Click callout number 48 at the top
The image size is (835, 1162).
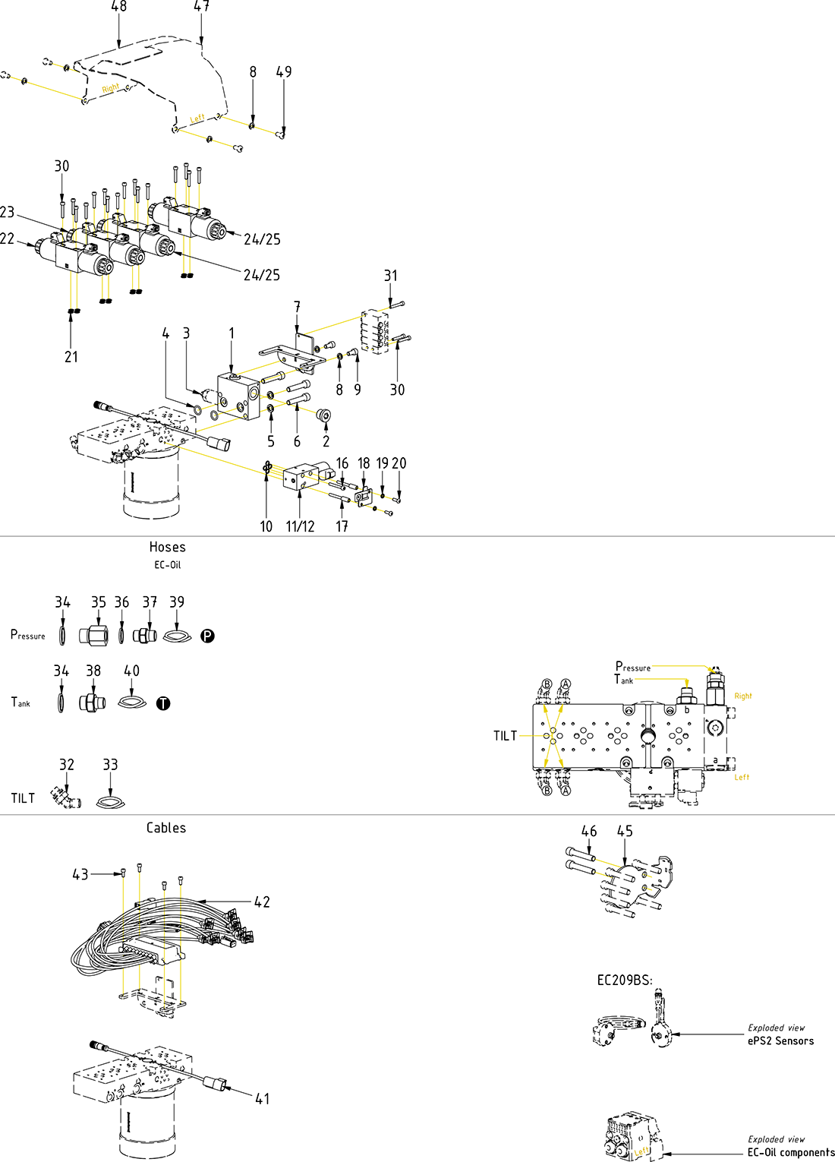pos(119,7)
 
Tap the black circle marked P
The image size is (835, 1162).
pos(207,636)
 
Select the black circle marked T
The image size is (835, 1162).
pos(163,703)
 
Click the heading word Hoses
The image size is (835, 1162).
pos(167,547)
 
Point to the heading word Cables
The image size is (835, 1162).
pos(166,828)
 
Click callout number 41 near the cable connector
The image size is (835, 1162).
pos(262,1098)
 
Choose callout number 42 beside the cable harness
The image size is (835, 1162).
pos(262,902)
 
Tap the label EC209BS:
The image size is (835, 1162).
pos(624,980)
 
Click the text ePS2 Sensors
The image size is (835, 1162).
pos(780,1041)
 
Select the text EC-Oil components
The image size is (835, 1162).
pos(790,1152)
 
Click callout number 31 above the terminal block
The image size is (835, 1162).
pos(390,276)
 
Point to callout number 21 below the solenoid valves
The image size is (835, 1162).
pos(71,357)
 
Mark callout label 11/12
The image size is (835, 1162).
pos(300,526)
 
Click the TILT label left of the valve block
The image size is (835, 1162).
pos(505,736)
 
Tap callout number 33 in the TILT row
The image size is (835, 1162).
pos(110,765)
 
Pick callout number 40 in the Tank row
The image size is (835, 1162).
pos(131,671)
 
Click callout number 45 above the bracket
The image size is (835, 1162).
pos(625,832)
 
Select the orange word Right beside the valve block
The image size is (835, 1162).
pos(742,696)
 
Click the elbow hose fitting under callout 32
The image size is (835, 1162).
pos(66,798)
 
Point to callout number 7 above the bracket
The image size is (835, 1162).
pos(298,307)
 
